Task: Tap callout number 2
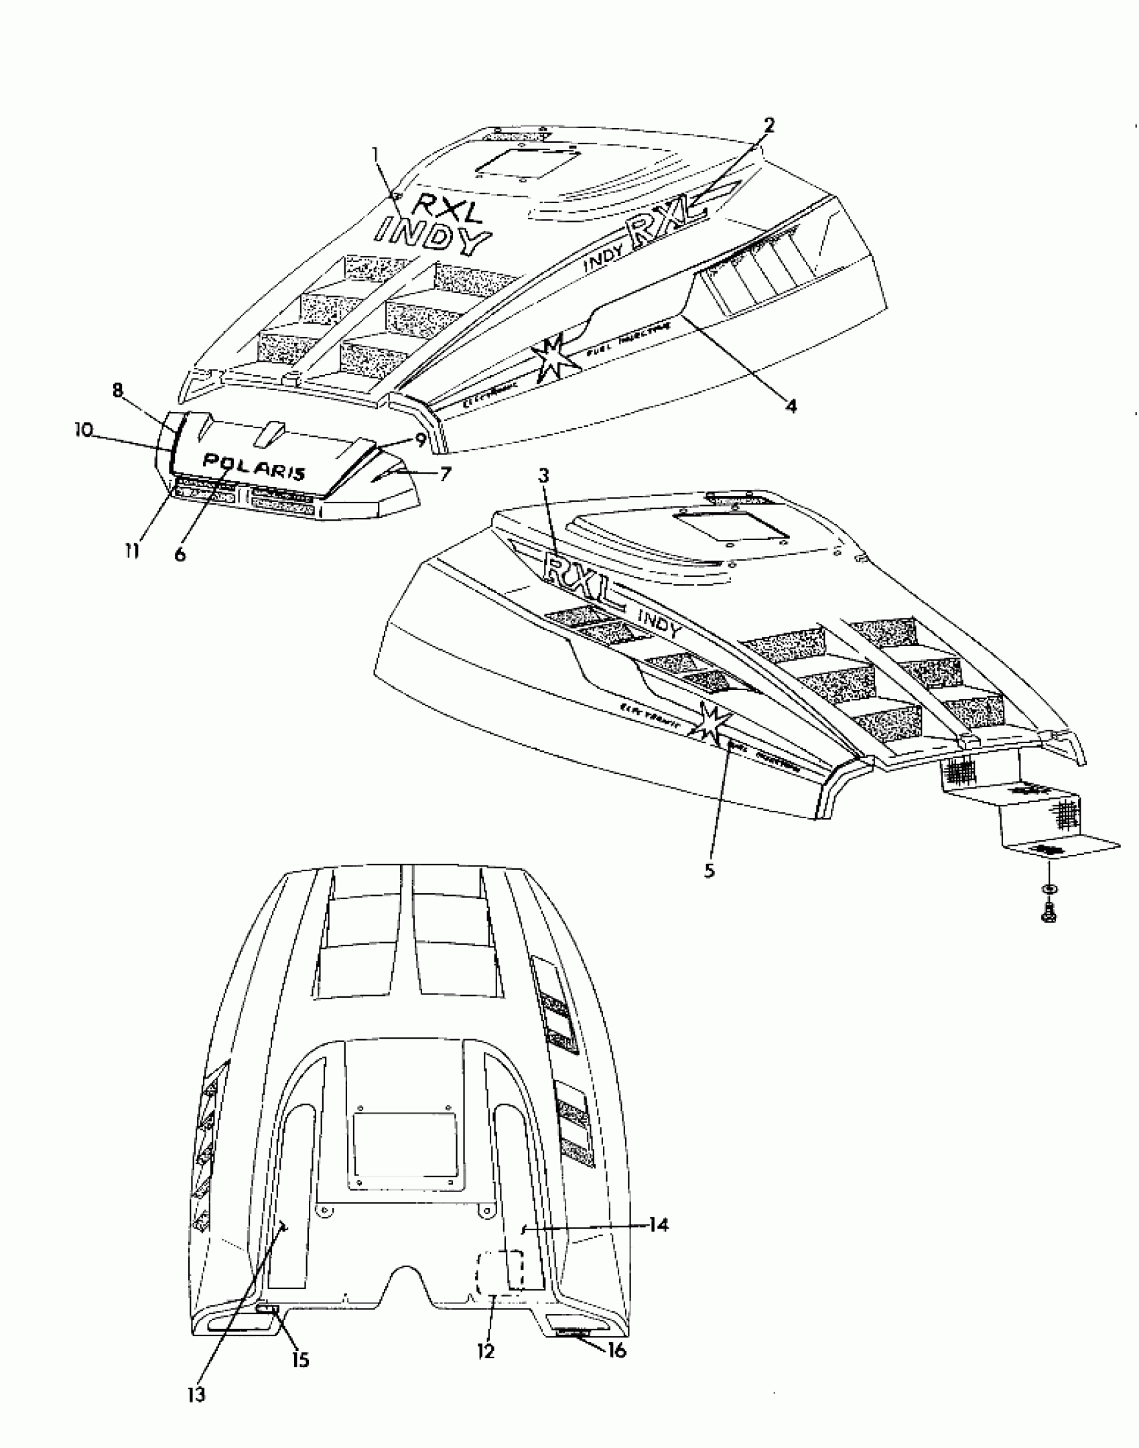pyautogui.click(x=768, y=125)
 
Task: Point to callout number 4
pyautogui.click(x=791, y=406)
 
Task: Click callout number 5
pyautogui.click(x=710, y=870)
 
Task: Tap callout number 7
pyautogui.click(x=445, y=474)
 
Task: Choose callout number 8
pyautogui.click(x=118, y=391)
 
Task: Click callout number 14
pyautogui.click(x=659, y=1225)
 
